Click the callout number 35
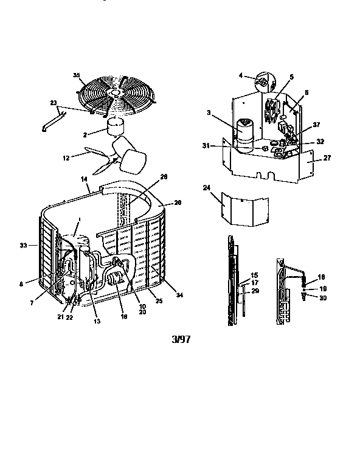77,75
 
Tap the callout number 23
53,103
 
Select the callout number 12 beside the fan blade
66,158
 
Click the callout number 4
241,75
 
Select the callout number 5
291,77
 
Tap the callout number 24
206,188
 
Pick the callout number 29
255,291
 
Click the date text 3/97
181,339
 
